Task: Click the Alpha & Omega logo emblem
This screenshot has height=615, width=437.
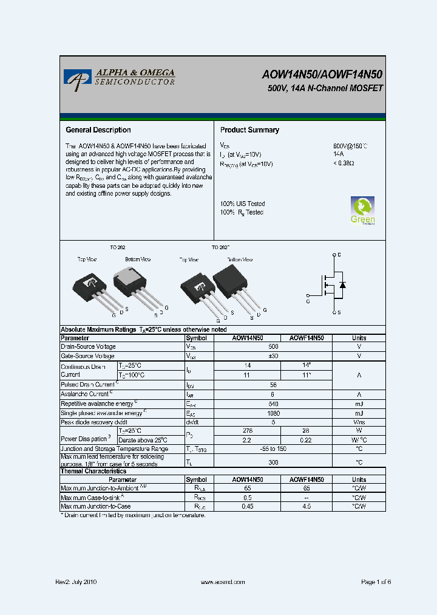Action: coord(77,80)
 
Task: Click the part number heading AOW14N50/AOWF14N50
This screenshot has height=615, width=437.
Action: coord(322,75)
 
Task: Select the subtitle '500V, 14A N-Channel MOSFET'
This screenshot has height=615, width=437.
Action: coord(325,89)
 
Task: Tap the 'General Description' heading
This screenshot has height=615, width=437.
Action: coord(98,130)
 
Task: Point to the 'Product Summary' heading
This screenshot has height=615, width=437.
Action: coord(249,130)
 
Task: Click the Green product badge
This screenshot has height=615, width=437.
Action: coord(362,210)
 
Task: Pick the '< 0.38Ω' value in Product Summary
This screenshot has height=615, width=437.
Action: coord(344,163)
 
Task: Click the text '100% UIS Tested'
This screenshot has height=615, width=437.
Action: coord(242,204)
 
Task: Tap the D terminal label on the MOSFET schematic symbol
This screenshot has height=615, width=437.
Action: coord(339,255)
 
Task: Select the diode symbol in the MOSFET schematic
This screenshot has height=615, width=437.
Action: coord(342,284)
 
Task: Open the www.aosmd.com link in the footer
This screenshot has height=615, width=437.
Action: coord(222,582)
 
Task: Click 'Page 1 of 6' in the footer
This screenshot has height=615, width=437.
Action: coord(376,582)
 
